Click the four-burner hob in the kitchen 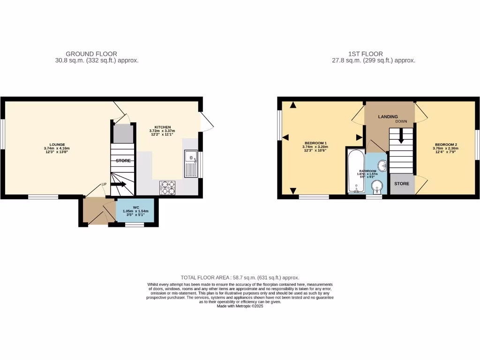[168, 187]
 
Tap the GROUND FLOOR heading [91, 54]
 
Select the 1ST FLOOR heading [365, 54]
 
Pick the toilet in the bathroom [376, 187]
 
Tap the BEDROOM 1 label [315, 142]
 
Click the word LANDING [388, 117]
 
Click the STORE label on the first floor [402, 184]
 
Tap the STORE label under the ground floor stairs [123, 161]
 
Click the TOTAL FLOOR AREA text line [240, 277]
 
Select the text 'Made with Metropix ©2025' [240, 306]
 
